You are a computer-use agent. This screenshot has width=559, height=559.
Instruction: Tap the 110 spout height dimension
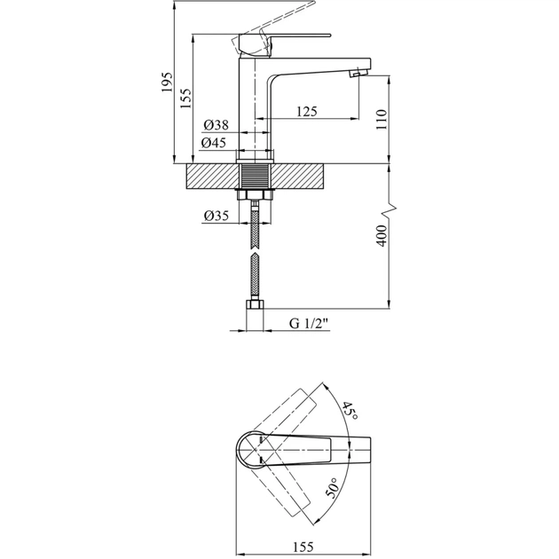(x=382, y=120)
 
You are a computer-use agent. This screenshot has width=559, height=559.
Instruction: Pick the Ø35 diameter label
(x=217, y=215)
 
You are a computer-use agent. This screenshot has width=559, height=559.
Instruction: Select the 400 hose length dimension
(x=382, y=235)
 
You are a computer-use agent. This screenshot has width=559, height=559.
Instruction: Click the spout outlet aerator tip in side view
(x=358, y=75)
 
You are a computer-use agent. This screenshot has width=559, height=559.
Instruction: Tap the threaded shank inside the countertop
(x=256, y=175)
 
